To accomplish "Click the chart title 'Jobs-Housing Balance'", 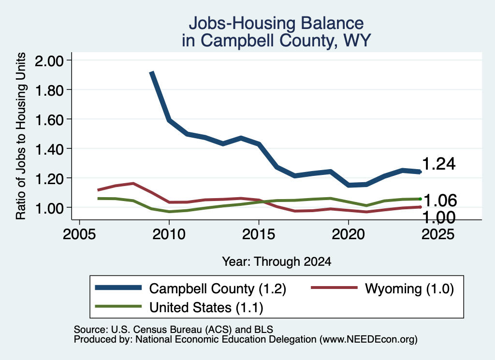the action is tap(276, 23).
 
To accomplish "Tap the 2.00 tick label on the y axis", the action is tap(49, 61).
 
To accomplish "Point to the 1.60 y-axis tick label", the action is tap(49, 120).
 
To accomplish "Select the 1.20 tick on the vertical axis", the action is tap(49, 179).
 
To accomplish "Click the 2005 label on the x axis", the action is tap(80, 234).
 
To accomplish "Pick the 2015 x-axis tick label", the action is tap(259, 234).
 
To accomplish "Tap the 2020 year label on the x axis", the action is tap(348, 234).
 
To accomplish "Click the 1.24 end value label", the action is tap(439, 164).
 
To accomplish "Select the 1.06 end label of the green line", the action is tap(440, 201).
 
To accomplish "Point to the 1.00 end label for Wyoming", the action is tap(439, 217).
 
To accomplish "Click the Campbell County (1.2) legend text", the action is tap(218, 289).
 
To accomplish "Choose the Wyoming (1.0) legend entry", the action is tap(409, 289).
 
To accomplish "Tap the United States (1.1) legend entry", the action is tap(206, 308).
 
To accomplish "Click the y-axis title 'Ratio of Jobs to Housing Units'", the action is tap(21, 136).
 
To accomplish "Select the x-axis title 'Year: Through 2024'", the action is tap(277, 261).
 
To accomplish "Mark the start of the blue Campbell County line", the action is tap(152, 72).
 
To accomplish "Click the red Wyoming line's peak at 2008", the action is tap(133, 183).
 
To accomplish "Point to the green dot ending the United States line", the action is tap(420, 199).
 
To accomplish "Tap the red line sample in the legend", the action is tap(335, 288).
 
